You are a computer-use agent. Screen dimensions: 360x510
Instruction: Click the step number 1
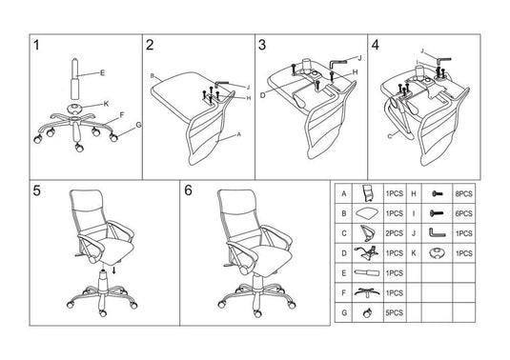(x=36, y=47)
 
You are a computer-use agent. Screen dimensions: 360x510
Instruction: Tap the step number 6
(x=188, y=190)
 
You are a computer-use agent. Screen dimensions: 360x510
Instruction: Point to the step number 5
(x=36, y=190)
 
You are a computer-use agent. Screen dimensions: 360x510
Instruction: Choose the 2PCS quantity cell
(x=394, y=232)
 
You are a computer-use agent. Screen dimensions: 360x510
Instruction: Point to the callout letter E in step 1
(x=102, y=73)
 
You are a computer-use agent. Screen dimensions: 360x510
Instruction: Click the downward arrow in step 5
(x=113, y=270)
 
